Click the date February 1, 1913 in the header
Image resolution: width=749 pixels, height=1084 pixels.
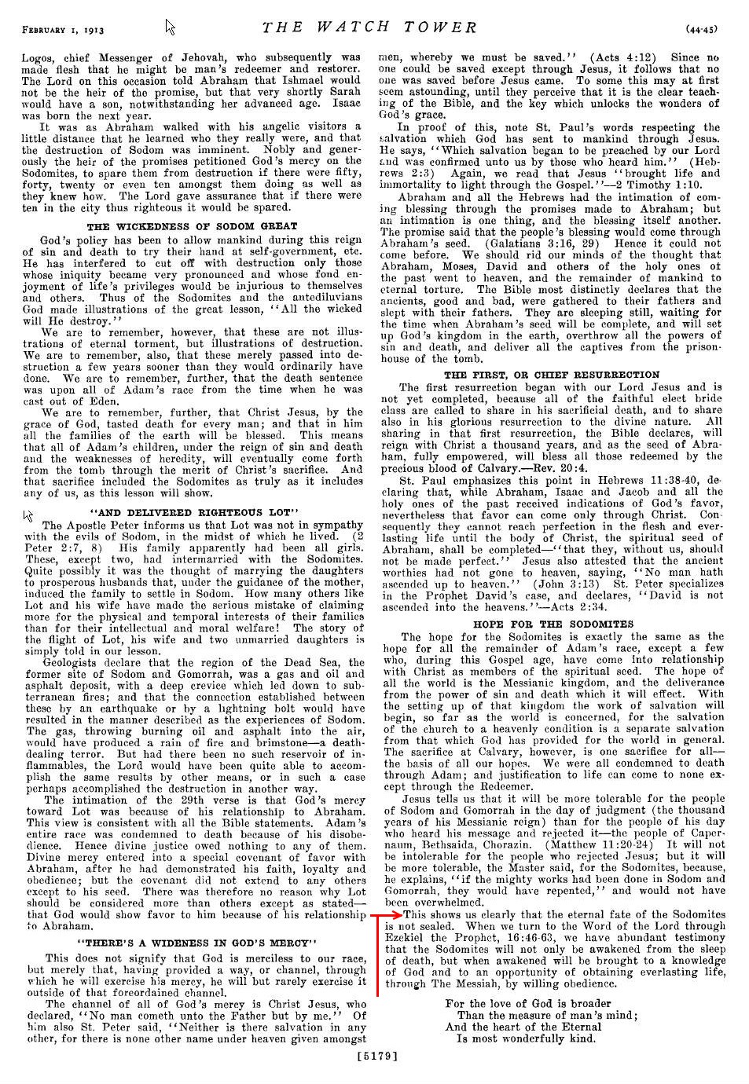(x=64, y=30)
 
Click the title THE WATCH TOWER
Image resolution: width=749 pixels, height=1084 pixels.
(x=369, y=28)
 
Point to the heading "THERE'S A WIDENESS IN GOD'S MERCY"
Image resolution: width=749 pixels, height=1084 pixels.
(x=196, y=942)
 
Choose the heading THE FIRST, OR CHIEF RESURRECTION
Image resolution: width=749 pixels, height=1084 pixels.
(x=552, y=375)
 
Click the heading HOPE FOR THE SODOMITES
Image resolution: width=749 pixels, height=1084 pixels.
(x=553, y=624)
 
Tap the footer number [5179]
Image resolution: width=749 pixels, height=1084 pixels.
(x=376, y=1057)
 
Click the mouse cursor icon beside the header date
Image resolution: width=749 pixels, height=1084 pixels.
(x=170, y=28)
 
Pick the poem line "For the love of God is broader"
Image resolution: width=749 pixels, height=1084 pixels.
(x=527, y=1004)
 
